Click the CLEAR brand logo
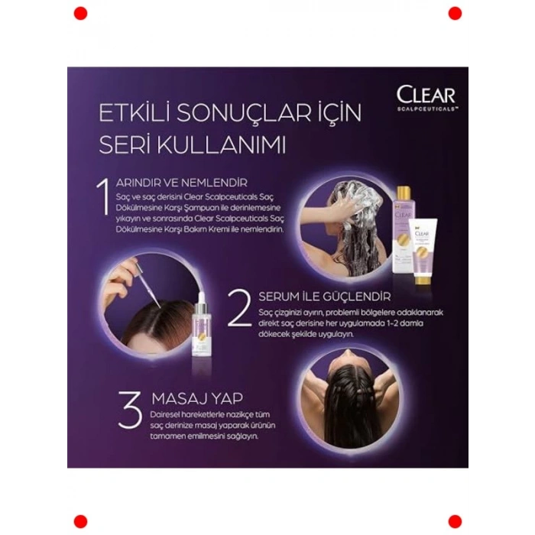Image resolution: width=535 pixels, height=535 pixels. [x=426, y=95]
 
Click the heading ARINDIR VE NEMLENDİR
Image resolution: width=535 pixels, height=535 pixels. [x=181, y=183]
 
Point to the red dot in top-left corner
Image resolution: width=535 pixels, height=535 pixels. [x=80, y=13]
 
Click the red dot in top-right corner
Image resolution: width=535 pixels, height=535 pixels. [x=455, y=13]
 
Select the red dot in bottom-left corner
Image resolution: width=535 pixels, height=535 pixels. [x=80, y=521]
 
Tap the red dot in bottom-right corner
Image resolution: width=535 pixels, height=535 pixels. [x=455, y=521]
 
